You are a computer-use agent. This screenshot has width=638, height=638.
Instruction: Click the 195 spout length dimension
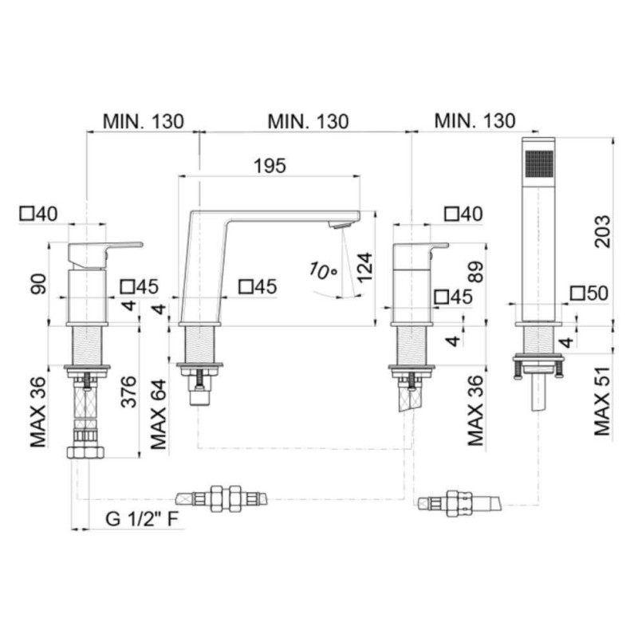click(270, 166)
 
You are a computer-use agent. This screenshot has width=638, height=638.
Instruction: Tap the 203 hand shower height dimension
click(603, 231)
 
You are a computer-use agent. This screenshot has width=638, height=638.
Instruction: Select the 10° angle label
click(323, 271)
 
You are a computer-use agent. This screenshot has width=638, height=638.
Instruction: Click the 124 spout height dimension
click(364, 267)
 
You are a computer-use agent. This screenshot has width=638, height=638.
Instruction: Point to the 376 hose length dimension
click(129, 392)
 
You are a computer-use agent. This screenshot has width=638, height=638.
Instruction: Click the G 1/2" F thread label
click(142, 519)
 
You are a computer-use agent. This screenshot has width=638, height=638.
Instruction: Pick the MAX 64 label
click(159, 414)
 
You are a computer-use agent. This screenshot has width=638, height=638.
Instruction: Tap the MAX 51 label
click(603, 402)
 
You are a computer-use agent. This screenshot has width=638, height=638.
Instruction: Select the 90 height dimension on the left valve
click(39, 284)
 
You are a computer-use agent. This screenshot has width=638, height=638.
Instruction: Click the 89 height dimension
click(476, 271)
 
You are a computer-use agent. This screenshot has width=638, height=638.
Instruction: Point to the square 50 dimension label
click(589, 293)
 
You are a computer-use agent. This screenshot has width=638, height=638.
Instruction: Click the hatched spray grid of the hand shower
click(540, 164)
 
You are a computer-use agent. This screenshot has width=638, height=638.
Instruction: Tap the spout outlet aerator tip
click(341, 225)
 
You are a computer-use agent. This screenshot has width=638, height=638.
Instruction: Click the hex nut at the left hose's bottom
click(86, 452)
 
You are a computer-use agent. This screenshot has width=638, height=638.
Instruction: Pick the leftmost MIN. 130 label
click(144, 121)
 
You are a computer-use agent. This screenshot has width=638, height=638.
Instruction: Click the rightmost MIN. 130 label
click(475, 121)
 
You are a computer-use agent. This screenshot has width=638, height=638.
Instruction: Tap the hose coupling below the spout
click(222, 499)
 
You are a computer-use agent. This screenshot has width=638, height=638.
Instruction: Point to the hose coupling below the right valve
click(460, 504)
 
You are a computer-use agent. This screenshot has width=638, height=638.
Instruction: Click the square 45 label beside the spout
click(258, 286)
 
